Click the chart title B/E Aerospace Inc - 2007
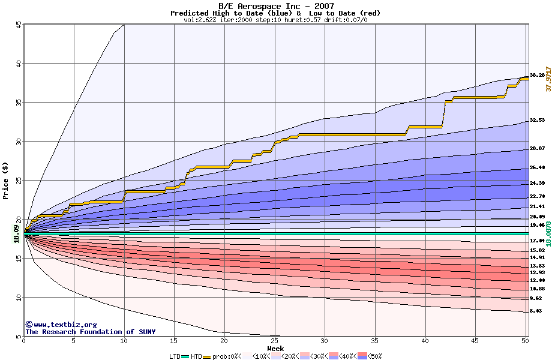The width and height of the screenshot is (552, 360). pos(275,6)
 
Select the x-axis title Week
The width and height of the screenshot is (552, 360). pos(275,348)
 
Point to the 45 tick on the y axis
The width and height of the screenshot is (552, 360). pos(18,25)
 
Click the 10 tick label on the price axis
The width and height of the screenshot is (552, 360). pos(18,298)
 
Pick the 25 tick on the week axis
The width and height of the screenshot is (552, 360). pos(274,341)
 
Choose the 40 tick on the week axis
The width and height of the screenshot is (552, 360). pos(425,341)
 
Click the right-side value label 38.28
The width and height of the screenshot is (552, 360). pos(537,75)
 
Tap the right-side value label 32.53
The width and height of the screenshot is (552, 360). pos(537,121)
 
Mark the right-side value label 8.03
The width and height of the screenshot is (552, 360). pos(537,311)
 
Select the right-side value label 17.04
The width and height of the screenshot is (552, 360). pos(537,240)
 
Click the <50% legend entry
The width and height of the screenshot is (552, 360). pos(373,356)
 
